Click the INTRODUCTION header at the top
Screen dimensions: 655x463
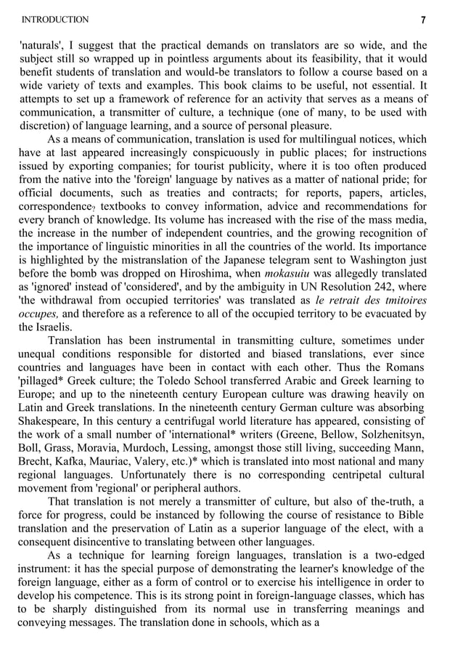[55, 20]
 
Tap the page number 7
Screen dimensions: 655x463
[423, 20]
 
